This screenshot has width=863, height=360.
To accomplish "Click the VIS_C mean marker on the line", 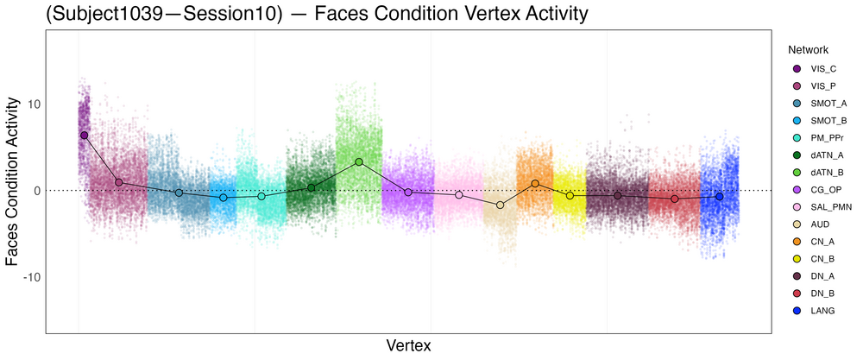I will pyautogui.click(x=84, y=136).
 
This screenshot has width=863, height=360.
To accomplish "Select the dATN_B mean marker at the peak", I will pyautogui.click(x=358, y=161).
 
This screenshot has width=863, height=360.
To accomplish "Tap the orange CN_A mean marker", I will pyautogui.click(x=535, y=183).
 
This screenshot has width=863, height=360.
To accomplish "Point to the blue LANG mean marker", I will pyautogui.click(x=719, y=197).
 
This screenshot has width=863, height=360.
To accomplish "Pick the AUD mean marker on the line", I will pyautogui.click(x=500, y=205).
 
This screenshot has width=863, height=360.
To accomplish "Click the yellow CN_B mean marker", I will pyautogui.click(x=570, y=196).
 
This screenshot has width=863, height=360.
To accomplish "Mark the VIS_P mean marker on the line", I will pyautogui.click(x=119, y=182).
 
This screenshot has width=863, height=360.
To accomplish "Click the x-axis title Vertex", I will pyautogui.click(x=408, y=345).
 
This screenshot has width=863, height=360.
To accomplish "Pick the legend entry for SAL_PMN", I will pyautogui.click(x=831, y=207).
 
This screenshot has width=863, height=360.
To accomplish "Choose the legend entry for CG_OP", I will pyautogui.click(x=827, y=190).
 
